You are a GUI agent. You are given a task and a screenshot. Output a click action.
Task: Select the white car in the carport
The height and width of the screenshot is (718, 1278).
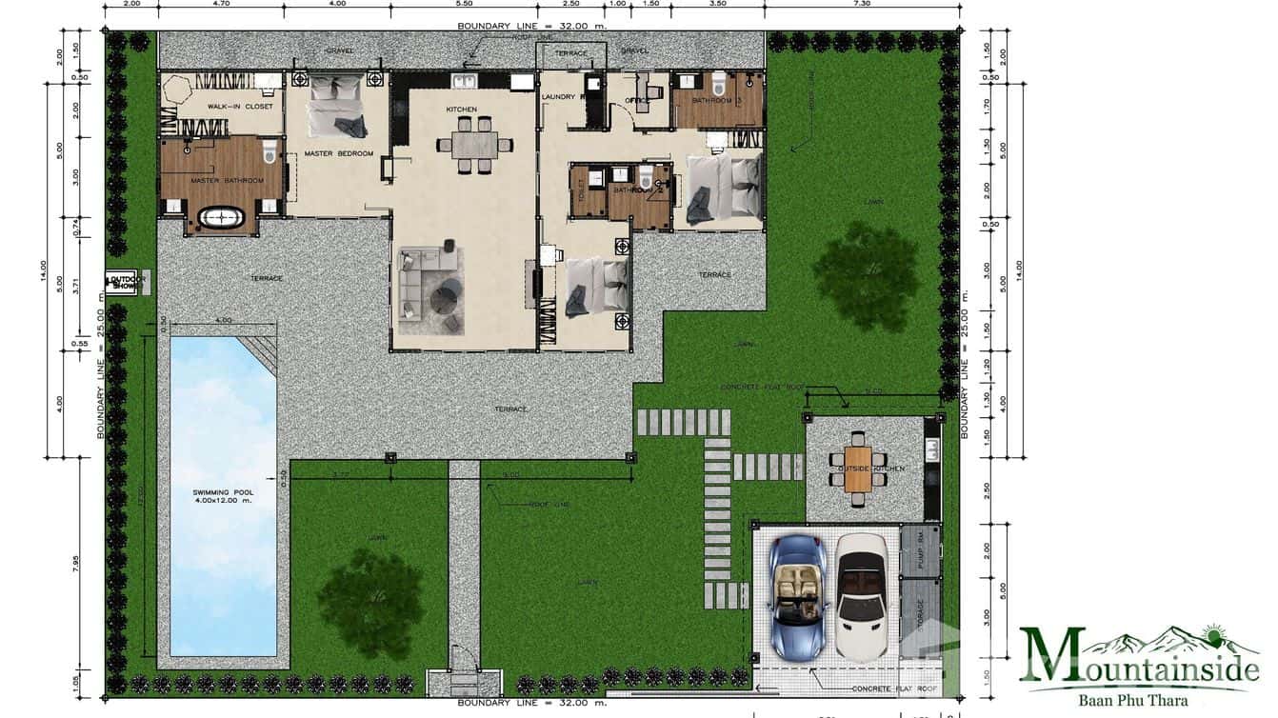(863, 597)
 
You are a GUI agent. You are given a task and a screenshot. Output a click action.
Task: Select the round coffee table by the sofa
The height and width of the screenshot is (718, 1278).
(444, 298)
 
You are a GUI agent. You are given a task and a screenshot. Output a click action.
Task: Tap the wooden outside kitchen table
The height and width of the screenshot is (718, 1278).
(858, 469)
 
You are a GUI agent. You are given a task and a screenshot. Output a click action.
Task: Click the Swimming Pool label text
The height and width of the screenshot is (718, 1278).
(222, 496)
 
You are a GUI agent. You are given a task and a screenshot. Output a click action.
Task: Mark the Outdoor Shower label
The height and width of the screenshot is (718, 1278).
(125, 283)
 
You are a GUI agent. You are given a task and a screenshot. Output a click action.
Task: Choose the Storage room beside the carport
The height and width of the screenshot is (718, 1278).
(920, 621)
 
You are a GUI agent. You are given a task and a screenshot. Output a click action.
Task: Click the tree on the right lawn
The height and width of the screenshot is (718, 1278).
(865, 276)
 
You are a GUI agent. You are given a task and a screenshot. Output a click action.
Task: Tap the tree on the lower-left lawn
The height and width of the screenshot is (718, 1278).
(371, 589)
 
